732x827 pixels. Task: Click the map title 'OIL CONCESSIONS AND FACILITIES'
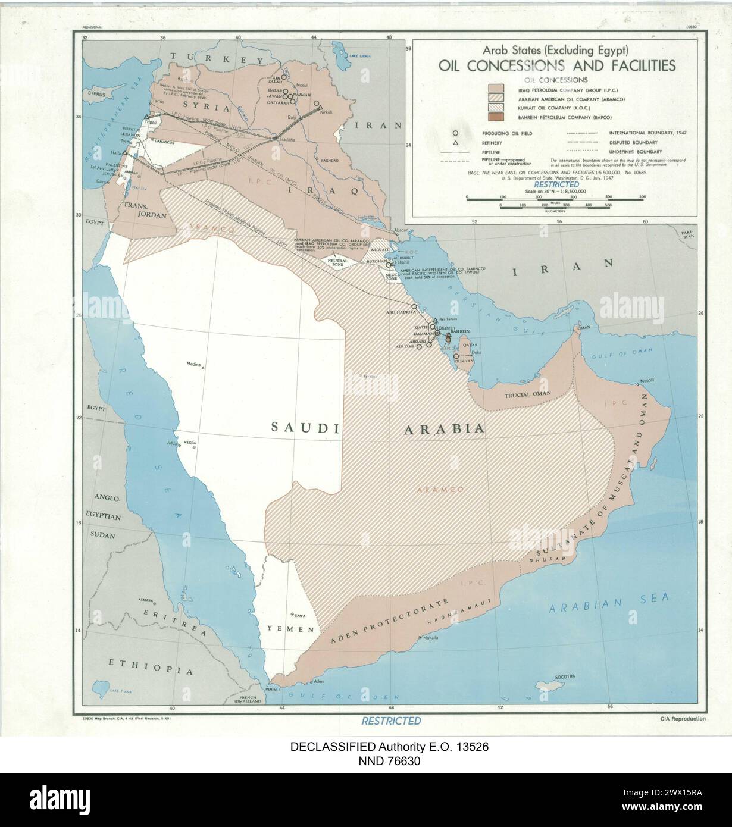point(556,65)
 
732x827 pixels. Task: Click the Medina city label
point(194,364)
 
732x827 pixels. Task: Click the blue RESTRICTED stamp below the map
point(391,721)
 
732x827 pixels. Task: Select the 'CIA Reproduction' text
point(683,718)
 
